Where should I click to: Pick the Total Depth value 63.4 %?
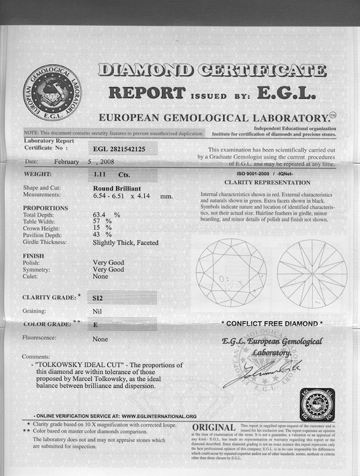[x=106, y=215]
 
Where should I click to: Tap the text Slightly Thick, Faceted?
[x=125, y=243]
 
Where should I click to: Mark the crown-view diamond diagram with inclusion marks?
[x=231, y=272]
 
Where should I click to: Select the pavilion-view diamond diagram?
[x=312, y=272]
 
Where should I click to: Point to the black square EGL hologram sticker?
[x=318, y=404]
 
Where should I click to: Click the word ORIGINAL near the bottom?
[x=213, y=428]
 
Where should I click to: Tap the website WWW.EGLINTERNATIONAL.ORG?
[x=159, y=416]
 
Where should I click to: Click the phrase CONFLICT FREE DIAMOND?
[x=272, y=324]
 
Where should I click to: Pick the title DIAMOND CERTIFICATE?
[x=212, y=70]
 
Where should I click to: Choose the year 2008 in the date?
[x=127, y=162]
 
